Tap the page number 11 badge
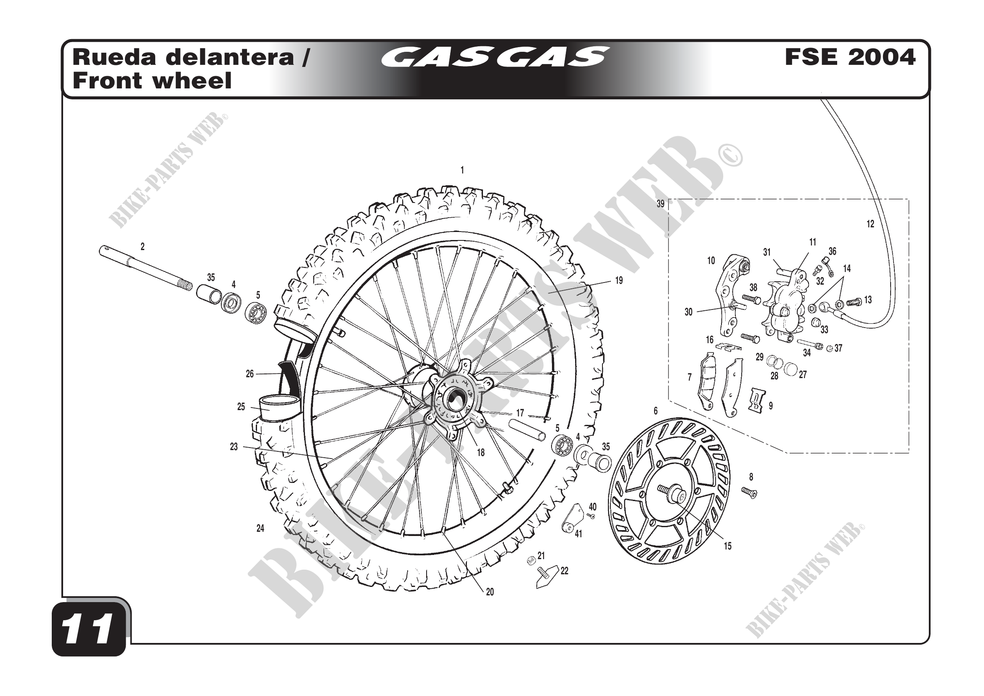tap(89, 629)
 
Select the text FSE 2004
tap(850, 57)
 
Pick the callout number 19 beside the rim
tap(619, 281)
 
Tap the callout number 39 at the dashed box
tap(660, 204)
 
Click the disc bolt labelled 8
tap(749, 493)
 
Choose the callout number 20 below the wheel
tap(490, 592)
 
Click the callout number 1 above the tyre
tap(462, 171)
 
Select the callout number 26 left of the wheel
tap(250, 374)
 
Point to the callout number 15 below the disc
tap(728, 547)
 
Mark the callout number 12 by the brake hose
tap(870, 224)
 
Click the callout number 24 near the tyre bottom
tap(260, 529)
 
